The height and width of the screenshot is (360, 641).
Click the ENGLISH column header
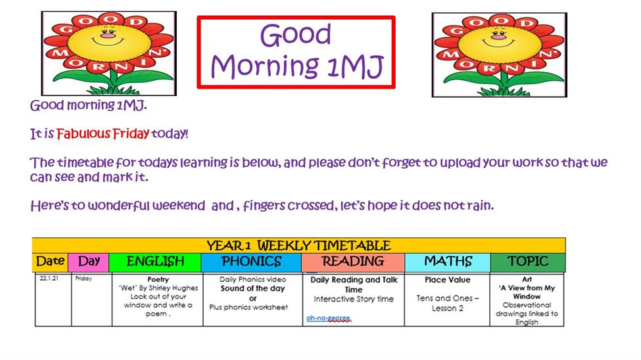tap(155, 262)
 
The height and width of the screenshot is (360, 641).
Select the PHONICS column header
tap(251, 262)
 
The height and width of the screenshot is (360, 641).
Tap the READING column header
tap(353, 262)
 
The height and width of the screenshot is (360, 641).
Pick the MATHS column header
tap(448, 262)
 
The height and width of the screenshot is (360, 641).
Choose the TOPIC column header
tap(528, 262)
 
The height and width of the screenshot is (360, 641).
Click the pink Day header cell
tap(89, 262)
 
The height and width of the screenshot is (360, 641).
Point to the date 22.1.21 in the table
tap(49, 279)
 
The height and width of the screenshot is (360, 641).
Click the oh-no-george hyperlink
tap(328, 318)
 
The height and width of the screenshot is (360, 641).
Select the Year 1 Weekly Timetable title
tap(299, 246)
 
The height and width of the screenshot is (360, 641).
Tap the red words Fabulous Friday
tap(103, 133)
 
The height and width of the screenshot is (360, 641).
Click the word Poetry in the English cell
tap(158, 279)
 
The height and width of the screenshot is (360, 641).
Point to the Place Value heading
tap(448, 280)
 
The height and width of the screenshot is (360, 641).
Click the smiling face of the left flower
tap(108, 38)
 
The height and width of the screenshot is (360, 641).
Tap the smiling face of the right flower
tap(500, 40)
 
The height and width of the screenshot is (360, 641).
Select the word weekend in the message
tap(179, 205)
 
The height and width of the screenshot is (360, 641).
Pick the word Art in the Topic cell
tap(527, 279)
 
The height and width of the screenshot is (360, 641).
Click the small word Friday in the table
tap(83, 279)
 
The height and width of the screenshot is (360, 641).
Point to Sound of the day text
tap(252, 288)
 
